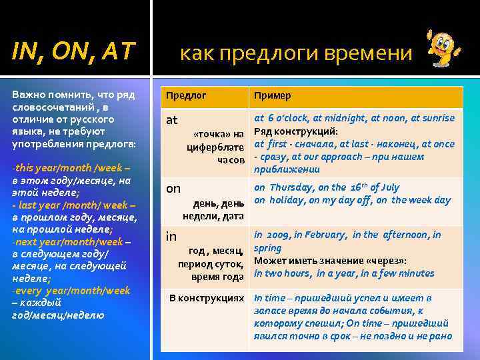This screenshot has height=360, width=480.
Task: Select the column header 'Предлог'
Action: click(x=187, y=95)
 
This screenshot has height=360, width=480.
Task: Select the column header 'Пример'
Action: click(x=272, y=95)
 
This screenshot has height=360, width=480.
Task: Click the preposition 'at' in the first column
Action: click(x=172, y=121)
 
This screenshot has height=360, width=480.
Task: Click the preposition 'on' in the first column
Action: click(x=173, y=189)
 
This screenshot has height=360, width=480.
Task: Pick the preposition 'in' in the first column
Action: click(x=171, y=236)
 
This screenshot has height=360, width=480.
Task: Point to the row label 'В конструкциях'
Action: click(x=207, y=298)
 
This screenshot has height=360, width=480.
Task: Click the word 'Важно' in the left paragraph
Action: click(x=26, y=95)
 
